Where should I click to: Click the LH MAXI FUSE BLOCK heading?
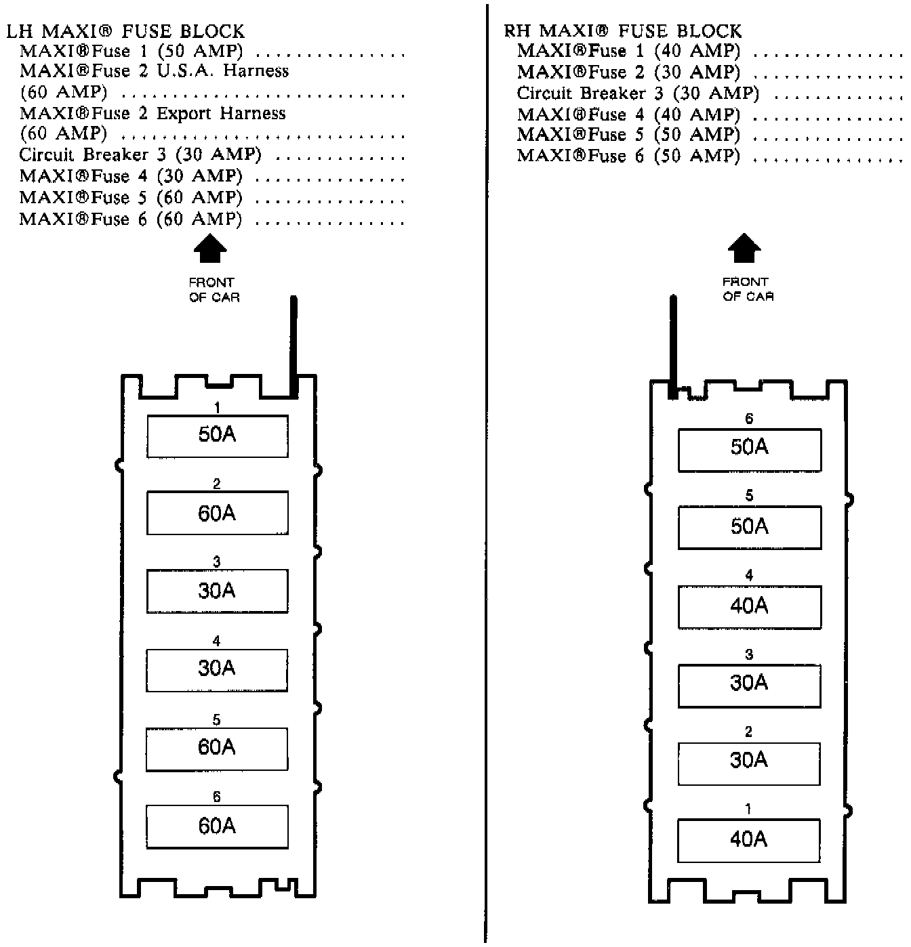[125, 31]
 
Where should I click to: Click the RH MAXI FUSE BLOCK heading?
[623, 31]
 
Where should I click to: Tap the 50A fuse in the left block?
[217, 436]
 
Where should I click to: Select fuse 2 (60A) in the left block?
[217, 513]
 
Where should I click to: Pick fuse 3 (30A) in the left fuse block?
[217, 591]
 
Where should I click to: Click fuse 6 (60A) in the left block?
[217, 826]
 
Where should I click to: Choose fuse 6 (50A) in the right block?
[749, 449]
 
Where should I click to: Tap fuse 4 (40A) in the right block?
[749, 606]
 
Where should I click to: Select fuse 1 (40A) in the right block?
[749, 841]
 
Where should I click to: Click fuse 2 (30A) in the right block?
[749, 762]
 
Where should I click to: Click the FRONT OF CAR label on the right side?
[748, 289]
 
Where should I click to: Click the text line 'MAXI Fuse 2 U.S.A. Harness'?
[154, 71]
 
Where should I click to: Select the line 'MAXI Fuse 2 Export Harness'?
[153, 113]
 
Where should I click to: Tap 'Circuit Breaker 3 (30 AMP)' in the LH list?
[140, 154]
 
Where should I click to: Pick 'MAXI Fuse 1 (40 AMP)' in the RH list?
[628, 51]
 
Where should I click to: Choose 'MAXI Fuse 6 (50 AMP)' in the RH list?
[628, 156]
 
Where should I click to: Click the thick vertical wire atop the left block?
[293, 345]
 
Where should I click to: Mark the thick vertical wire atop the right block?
[672, 345]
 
